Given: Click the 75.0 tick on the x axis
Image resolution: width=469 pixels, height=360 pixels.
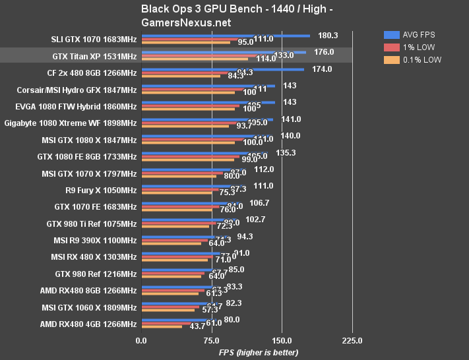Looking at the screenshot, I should (211, 341).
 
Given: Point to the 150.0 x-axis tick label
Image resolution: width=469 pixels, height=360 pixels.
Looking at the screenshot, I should (282, 341).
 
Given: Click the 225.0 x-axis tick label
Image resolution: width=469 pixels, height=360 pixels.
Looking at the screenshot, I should (352, 341).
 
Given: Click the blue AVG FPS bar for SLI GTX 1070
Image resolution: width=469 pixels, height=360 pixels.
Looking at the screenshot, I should (224, 36).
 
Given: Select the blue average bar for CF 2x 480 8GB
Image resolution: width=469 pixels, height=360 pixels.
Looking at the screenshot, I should (222, 69).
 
